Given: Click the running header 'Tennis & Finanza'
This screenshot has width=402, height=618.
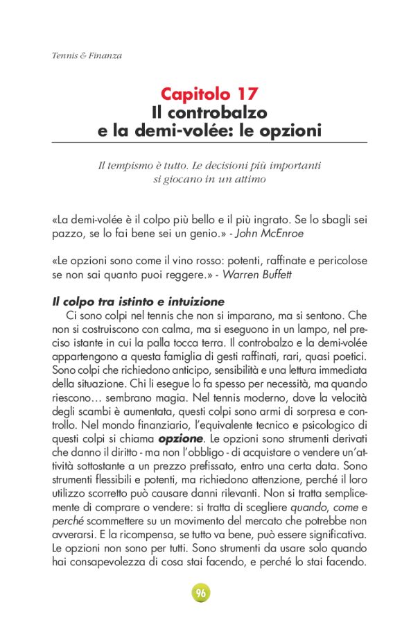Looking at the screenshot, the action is tap(87, 55).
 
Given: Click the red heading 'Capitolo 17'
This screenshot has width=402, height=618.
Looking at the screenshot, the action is tap(209, 94).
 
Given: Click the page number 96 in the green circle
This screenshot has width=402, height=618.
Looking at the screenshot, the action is tap(200, 594).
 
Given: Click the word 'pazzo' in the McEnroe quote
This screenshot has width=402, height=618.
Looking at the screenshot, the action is tap(67, 234).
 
